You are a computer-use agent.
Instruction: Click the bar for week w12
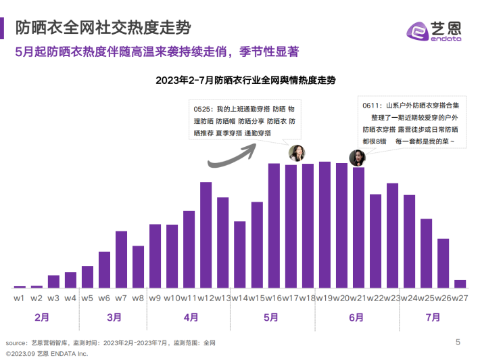click(x=206, y=235)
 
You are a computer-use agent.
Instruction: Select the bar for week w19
click(x=325, y=225)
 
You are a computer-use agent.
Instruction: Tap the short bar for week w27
click(x=460, y=284)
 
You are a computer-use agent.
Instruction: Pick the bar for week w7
click(x=121, y=260)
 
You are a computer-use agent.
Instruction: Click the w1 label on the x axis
click(x=19, y=298)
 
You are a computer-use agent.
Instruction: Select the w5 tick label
click(x=87, y=298)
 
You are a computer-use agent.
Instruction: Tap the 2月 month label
click(x=41, y=317)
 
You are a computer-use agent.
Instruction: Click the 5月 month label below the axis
click(x=271, y=317)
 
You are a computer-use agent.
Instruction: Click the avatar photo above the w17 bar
click(x=296, y=153)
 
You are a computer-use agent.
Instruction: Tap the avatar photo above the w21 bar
click(x=357, y=158)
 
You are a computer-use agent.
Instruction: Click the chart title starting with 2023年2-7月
click(x=245, y=80)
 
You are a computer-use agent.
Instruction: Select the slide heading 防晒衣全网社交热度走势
click(x=102, y=28)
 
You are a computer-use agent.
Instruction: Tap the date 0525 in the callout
click(x=202, y=109)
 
